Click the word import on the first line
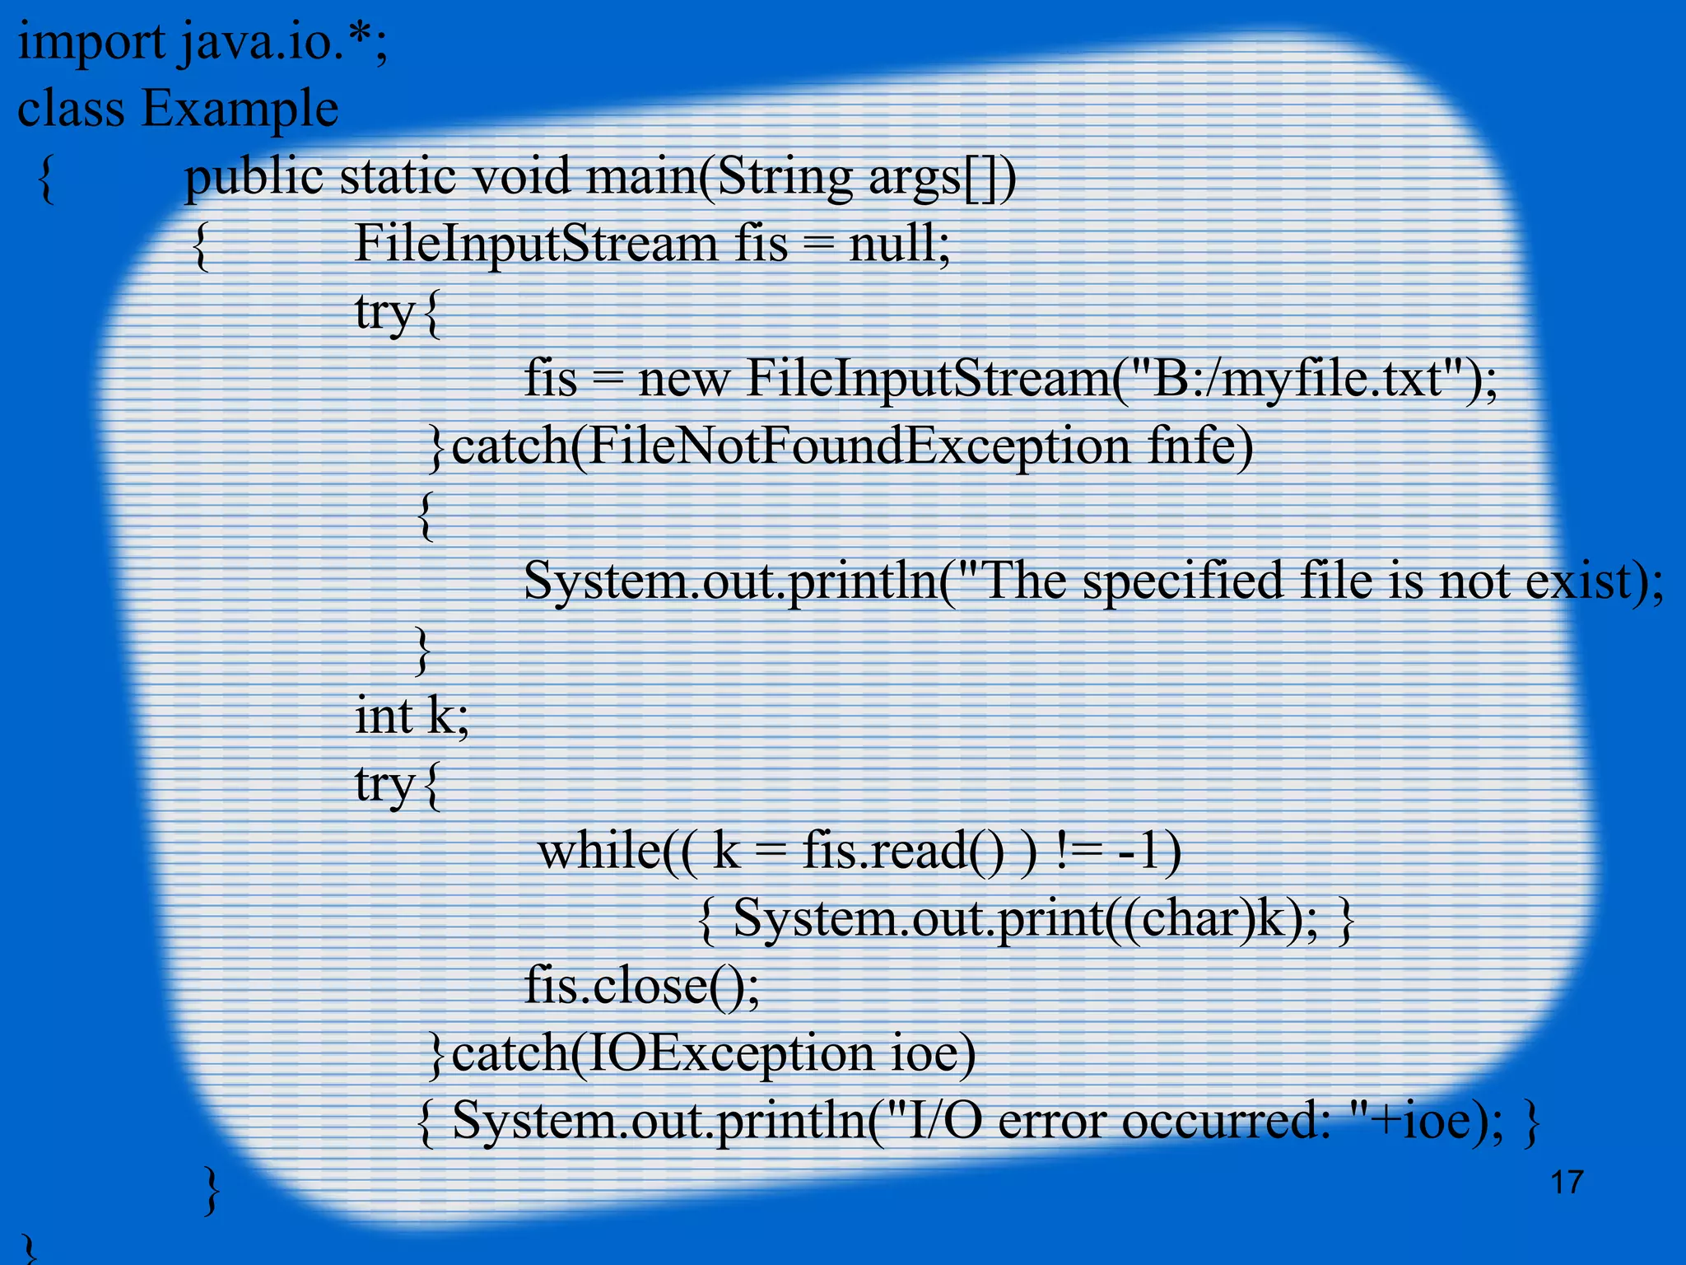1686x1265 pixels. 91,43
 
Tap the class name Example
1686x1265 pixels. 240,109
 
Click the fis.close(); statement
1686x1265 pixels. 642,985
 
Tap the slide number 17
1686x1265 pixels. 1567,1183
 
